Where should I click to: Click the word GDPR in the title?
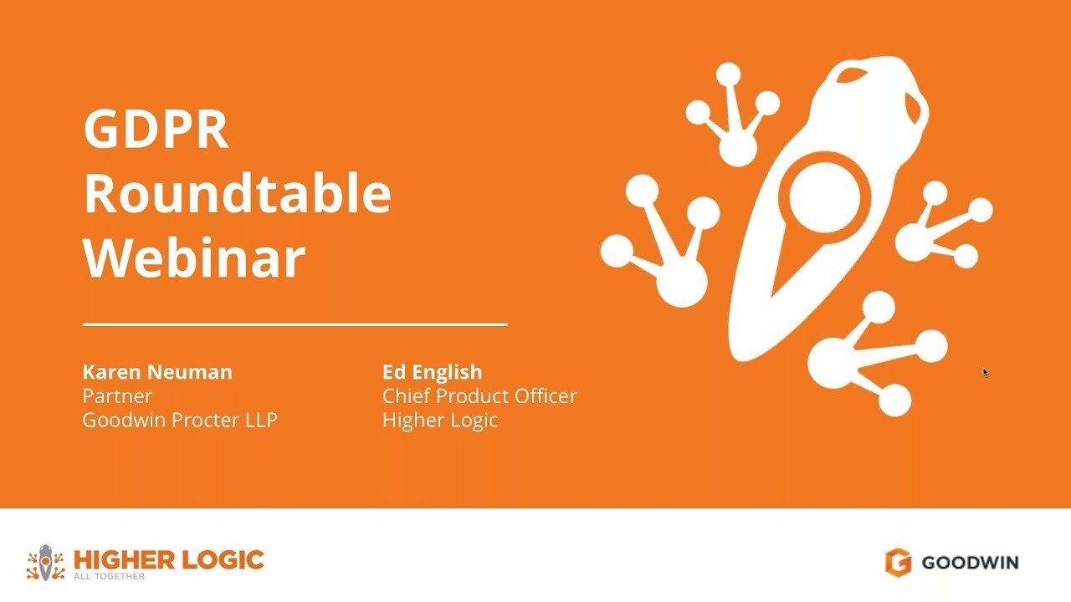pyautogui.click(x=156, y=130)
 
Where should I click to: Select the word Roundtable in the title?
pyautogui.click(x=238, y=193)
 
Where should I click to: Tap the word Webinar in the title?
pyautogui.click(x=194, y=258)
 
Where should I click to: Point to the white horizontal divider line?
pyautogui.click(x=295, y=324)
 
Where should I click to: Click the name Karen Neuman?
pyautogui.click(x=157, y=372)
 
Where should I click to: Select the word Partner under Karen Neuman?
pyautogui.click(x=117, y=395)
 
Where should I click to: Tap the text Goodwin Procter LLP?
pyautogui.click(x=180, y=420)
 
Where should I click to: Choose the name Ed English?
pyautogui.click(x=432, y=372)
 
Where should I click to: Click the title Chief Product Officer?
pyautogui.click(x=479, y=395)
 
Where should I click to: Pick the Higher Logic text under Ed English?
pyautogui.click(x=440, y=420)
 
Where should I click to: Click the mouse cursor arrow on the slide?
pyautogui.click(x=986, y=372)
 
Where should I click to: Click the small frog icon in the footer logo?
pyautogui.click(x=45, y=563)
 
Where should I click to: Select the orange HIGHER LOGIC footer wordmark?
pyautogui.click(x=168, y=559)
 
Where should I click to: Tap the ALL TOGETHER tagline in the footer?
pyautogui.click(x=109, y=576)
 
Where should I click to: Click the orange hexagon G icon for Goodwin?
pyautogui.click(x=898, y=563)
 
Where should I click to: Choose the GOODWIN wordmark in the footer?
pyautogui.click(x=970, y=563)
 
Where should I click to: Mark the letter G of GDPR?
pyautogui.click(x=100, y=130)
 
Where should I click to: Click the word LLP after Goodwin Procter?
pyautogui.click(x=260, y=420)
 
